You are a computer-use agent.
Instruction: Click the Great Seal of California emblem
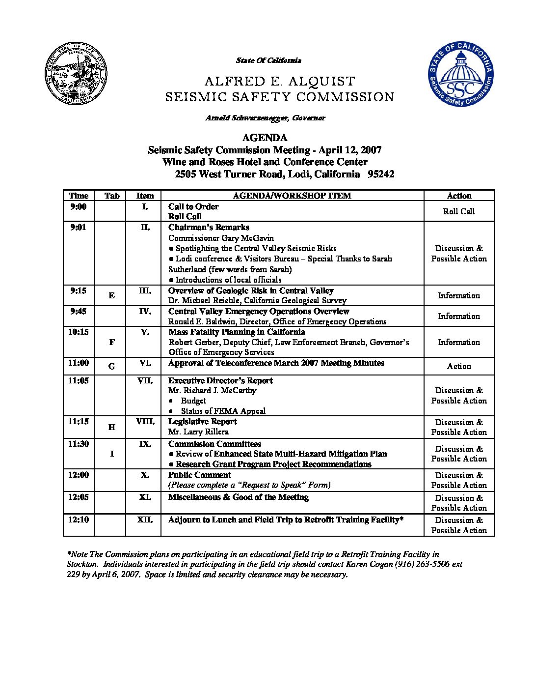[76, 73]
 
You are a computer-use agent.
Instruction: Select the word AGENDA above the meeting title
[265, 138]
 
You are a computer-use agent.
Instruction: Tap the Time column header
[79, 196]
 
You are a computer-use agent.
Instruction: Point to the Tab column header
[112, 196]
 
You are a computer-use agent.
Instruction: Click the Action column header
[459, 196]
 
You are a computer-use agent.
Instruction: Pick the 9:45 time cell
[79, 311]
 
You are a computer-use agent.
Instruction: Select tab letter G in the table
[112, 366]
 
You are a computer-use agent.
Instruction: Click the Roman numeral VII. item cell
[145, 380]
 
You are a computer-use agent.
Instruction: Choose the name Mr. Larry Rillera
[198, 432]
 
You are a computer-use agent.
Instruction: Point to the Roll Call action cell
[459, 211]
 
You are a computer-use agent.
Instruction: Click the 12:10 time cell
[79, 519]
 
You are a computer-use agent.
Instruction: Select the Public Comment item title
[199, 475]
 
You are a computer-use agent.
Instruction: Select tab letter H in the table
[112, 427]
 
